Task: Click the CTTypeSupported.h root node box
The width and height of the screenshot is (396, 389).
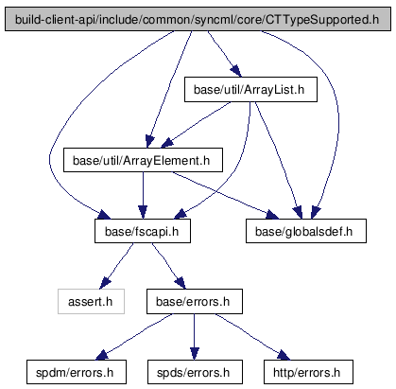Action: (x=198, y=19)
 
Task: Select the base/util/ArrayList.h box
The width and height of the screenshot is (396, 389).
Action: (x=250, y=89)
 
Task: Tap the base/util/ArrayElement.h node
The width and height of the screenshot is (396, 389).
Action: (x=143, y=160)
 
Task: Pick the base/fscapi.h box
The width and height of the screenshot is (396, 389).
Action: (x=143, y=231)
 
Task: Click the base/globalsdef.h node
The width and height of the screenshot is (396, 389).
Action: (x=306, y=231)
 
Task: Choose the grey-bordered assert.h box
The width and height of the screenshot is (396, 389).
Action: (x=91, y=301)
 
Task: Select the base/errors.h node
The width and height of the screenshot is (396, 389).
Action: (x=195, y=301)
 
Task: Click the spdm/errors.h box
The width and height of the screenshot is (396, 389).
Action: (x=77, y=372)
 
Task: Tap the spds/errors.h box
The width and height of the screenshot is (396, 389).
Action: (x=195, y=372)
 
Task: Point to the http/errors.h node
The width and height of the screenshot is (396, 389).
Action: (x=308, y=372)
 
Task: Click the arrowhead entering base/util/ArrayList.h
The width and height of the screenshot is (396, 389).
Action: (x=236, y=71)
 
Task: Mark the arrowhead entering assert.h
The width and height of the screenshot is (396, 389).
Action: (x=105, y=283)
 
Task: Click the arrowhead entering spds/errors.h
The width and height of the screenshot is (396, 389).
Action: (x=195, y=353)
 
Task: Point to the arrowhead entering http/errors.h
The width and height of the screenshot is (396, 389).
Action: (x=284, y=355)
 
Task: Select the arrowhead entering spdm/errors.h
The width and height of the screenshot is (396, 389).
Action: (x=102, y=355)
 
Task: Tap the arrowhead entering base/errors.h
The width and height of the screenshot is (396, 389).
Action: (x=181, y=283)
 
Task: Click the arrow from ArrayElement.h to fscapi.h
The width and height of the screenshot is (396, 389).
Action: (x=143, y=195)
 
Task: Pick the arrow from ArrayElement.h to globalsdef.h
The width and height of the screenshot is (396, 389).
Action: (x=225, y=195)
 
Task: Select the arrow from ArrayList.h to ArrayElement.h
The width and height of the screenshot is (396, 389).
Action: (x=196, y=125)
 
